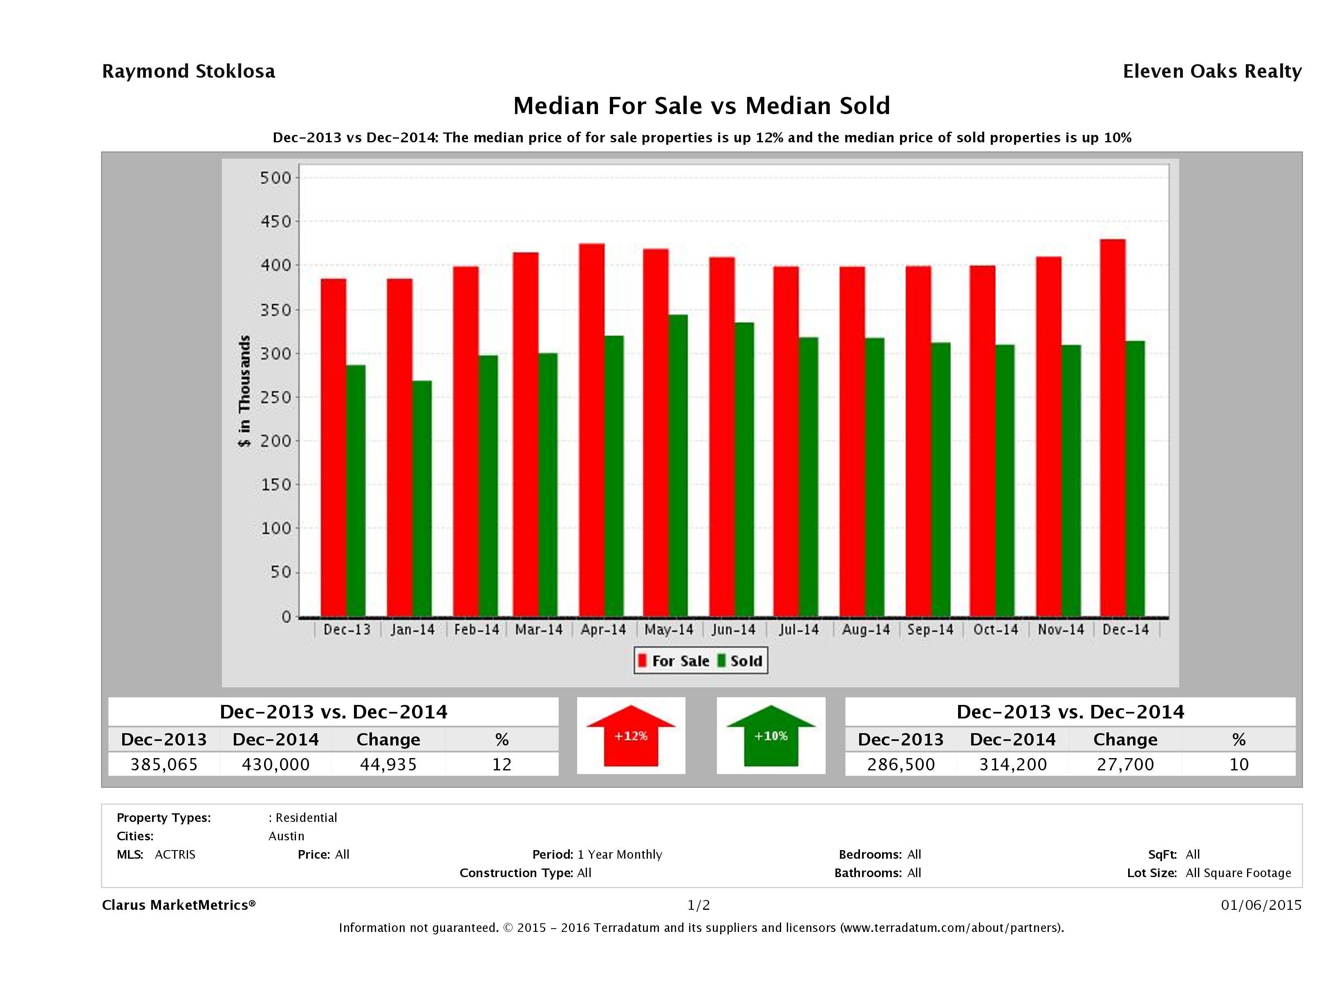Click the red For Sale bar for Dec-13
point(334,447)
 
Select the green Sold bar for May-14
point(678,465)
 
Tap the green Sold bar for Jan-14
point(421,498)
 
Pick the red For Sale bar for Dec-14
point(1113,427)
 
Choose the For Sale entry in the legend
point(674,661)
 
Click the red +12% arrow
point(631,736)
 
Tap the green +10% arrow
point(770,736)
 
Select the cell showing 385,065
point(164,764)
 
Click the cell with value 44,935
point(388,764)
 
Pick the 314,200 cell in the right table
point(1012,764)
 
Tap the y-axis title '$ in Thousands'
point(244,391)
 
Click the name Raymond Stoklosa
point(188,72)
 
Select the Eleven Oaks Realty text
point(1212,72)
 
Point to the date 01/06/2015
point(1261,905)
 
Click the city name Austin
point(286,836)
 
